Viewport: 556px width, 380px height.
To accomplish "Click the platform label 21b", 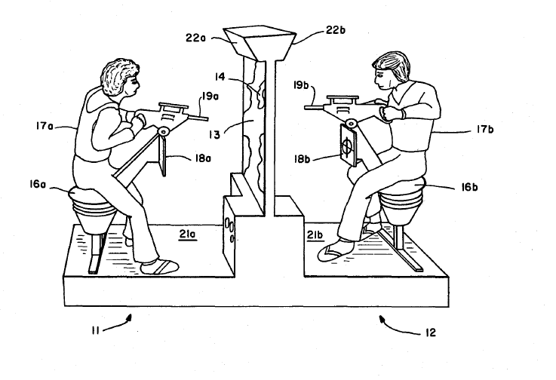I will [317, 236].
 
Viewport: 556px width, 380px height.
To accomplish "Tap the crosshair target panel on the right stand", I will [347, 149].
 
